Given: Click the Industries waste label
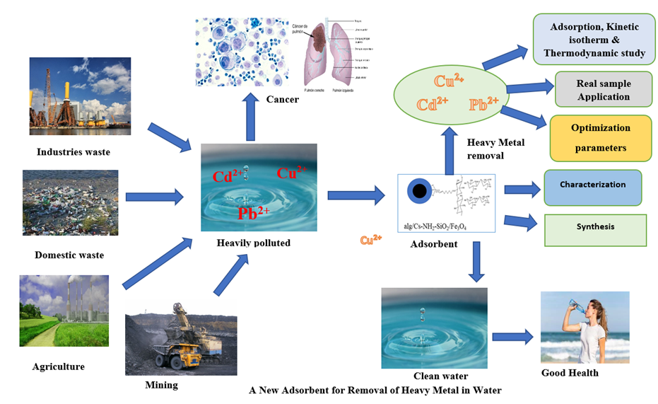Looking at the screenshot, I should [x=74, y=151].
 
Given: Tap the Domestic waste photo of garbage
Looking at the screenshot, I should [x=70, y=202].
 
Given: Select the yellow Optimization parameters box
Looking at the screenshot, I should [x=600, y=138].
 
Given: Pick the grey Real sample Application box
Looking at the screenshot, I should [x=603, y=90].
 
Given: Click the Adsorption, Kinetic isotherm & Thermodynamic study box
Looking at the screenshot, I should [x=594, y=40].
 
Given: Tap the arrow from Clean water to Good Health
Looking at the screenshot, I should [x=512, y=337].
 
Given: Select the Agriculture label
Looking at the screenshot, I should [x=59, y=367].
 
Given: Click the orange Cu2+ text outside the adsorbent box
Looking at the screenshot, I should [x=370, y=240].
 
